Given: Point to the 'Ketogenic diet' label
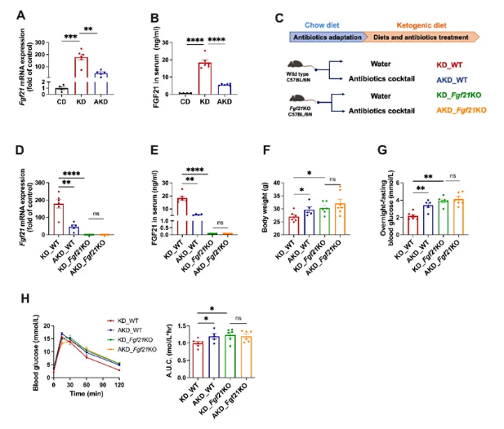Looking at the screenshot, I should point(417,24).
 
